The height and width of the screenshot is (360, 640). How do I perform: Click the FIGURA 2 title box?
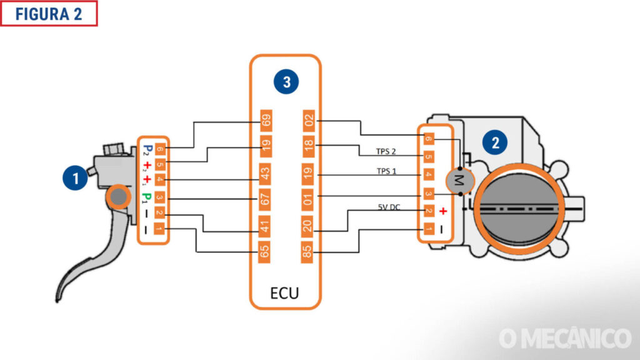tap(49, 14)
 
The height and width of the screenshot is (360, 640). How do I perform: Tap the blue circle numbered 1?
tap(76, 179)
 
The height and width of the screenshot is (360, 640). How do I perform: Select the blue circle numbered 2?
tap(496, 142)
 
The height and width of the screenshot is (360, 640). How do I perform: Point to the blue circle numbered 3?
tap(286, 82)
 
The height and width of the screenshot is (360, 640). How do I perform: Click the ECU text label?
tap(284, 293)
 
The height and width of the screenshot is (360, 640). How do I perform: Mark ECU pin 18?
tap(307, 146)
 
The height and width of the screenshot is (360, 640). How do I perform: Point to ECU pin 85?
tap(307, 252)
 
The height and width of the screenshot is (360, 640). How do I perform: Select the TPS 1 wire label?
tap(386, 170)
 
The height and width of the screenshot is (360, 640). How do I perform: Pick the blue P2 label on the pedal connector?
tap(147, 150)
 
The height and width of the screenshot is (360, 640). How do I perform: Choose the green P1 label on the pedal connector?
tap(147, 198)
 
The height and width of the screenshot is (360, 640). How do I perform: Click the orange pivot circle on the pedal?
tap(117, 199)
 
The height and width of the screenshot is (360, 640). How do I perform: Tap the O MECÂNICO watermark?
tap(565, 338)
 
